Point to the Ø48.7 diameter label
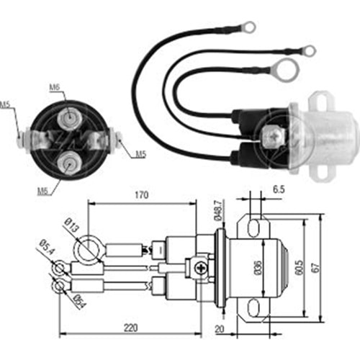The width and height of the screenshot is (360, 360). coord(216,212)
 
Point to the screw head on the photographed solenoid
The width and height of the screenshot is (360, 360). coord(274,133)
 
